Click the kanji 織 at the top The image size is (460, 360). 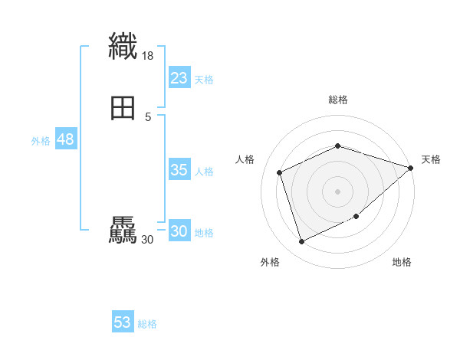pyautogui.click(x=123, y=46)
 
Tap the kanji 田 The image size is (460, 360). pyautogui.click(x=123, y=108)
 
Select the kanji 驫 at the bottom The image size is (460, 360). pyautogui.click(x=123, y=231)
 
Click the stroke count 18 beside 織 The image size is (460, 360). pyautogui.click(x=148, y=56)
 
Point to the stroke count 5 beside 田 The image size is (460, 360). pyautogui.click(x=148, y=117)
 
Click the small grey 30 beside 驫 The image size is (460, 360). pyautogui.click(x=148, y=240)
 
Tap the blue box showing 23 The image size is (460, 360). pyautogui.click(x=179, y=78)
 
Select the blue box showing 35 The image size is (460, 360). pyautogui.click(x=179, y=170)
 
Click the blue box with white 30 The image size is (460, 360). pyautogui.click(x=179, y=231)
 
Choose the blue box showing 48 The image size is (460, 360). pyautogui.click(x=65, y=139)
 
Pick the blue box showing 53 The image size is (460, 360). pyautogui.click(x=123, y=322)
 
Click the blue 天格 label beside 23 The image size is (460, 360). pyautogui.click(x=204, y=80)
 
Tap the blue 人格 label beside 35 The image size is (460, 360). pyautogui.click(x=204, y=172)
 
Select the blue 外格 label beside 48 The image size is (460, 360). pyautogui.click(x=41, y=141)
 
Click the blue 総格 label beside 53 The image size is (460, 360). pyautogui.click(x=147, y=324)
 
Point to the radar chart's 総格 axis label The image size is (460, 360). pyautogui.click(x=338, y=100)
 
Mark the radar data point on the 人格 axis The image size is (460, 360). pyautogui.click(x=281, y=172)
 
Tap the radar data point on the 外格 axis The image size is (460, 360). pyautogui.click(x=301, y=242)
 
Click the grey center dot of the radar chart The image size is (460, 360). pyautogui.click(x=338, y=191)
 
